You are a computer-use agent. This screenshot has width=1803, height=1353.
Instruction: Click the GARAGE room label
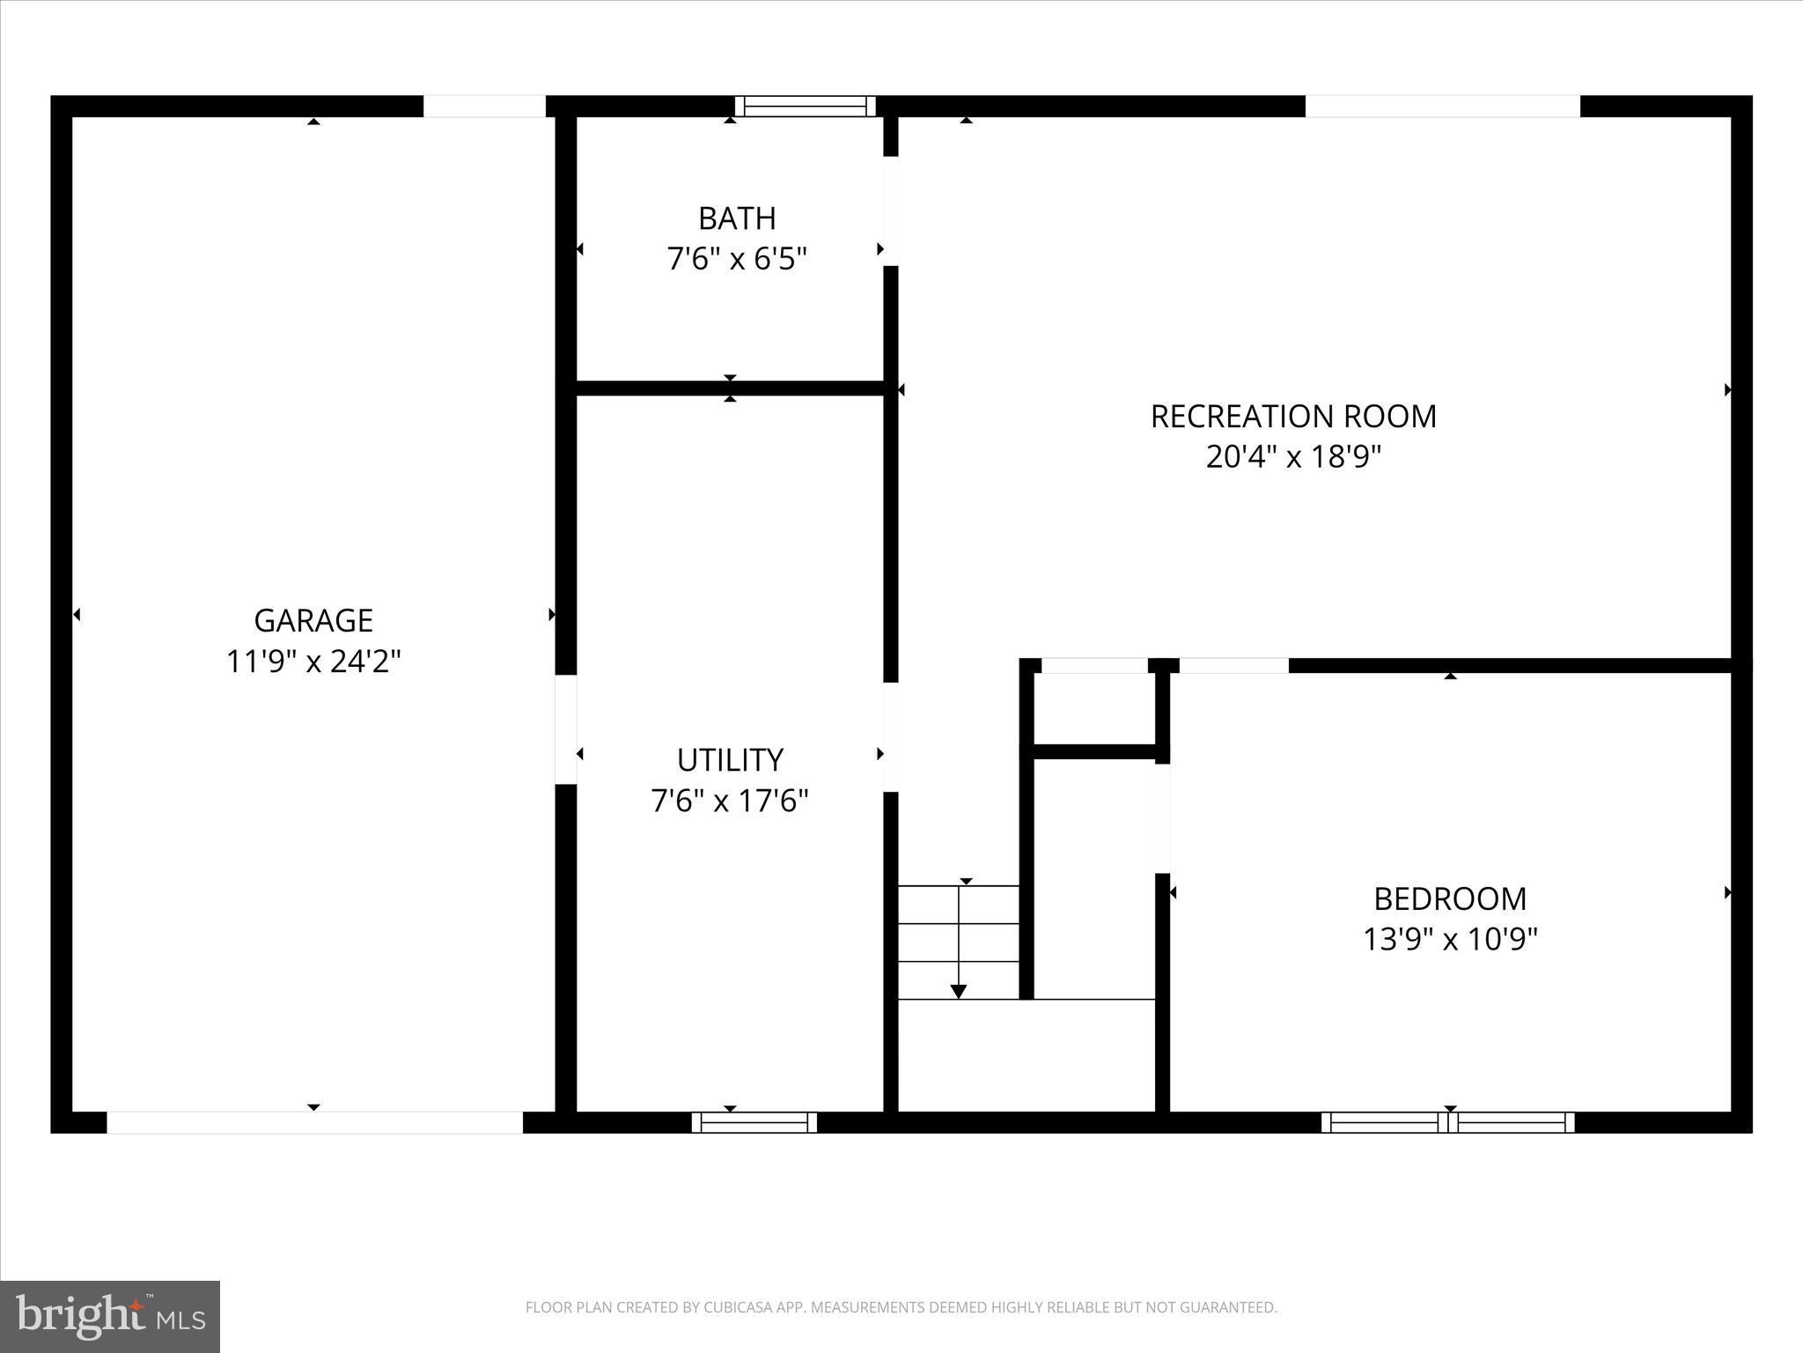tap(313, 620)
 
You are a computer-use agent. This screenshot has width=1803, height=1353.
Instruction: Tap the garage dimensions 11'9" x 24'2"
tap(313, 662)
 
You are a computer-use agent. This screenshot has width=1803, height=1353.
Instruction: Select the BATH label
tap(737, 218)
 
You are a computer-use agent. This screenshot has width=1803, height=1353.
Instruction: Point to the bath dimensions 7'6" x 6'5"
tap(737, 259)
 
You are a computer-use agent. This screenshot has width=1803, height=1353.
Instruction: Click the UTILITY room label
tap(730, 759)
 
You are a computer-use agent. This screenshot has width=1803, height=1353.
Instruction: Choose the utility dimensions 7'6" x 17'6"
tap(730, 801)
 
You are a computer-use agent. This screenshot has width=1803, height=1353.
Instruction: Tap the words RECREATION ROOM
tap(1293, 416)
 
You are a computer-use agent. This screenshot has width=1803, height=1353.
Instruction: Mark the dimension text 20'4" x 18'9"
tap(1293, 457)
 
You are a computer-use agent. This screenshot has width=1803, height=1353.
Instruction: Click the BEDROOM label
tap(1450, 898)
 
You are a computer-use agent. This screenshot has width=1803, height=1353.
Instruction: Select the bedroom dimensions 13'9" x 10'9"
tap(1450, 940)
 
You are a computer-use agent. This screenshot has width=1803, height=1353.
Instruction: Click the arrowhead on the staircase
tap(959, 991)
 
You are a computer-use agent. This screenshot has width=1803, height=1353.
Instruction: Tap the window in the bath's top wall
tap(805, 107)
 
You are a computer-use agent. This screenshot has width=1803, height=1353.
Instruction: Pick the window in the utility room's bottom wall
tap(754, 1122)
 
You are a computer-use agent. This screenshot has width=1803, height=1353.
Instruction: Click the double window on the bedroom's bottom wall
tap(1448, 1122)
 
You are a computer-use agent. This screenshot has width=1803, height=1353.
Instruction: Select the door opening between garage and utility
tap(566, 729)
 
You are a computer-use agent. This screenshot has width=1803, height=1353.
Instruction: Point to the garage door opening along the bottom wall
tap(314, 1122)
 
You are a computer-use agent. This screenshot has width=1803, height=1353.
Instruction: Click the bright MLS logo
tap(110, 1316)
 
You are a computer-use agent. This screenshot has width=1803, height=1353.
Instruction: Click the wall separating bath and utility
tap(730, 388)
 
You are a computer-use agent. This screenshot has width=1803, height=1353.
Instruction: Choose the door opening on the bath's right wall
tap(891, 211)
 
